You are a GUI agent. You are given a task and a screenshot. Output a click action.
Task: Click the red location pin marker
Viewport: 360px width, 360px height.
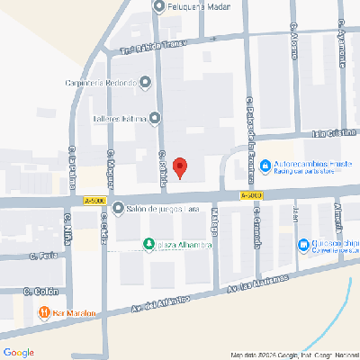coord(180,167)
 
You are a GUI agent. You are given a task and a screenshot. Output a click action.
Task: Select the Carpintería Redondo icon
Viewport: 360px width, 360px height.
coord(145,83)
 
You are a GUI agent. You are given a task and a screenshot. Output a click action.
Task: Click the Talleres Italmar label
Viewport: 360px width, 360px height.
coord(120,118)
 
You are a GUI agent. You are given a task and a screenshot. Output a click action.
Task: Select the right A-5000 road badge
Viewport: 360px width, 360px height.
coord(251,194)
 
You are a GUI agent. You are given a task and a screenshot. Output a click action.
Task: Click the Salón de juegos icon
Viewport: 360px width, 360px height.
coord(118,209)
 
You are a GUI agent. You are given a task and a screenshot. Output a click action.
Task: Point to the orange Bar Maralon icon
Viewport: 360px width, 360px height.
coord(43,312)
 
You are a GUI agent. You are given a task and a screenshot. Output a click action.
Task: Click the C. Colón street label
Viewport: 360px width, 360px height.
coord(40,291)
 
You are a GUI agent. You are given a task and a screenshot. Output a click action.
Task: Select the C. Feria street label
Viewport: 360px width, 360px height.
coord(41,256)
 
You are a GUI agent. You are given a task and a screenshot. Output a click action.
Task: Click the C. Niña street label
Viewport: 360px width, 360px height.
coord(67,225)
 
